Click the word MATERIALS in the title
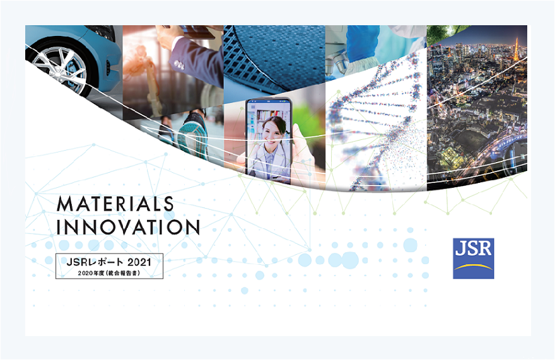coord(115,204)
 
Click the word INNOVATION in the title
coord(128,227)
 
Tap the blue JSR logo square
coord(473,258)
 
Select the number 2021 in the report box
coord(139,262)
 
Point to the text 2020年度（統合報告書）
coord(109,273)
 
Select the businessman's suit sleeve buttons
coord(180,64)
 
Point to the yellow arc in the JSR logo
coord(473,267)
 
